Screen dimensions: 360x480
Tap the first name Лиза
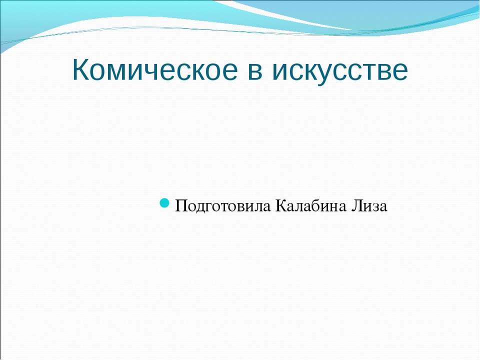pyautogui.click(x=369, y=205)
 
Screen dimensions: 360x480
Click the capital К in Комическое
pyautogui.click(x=81, y=69)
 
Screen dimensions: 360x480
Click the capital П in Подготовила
pyautogui.click(x=181, y=205)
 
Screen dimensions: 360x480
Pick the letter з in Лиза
pyautogui.click(x=375, y=206)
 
